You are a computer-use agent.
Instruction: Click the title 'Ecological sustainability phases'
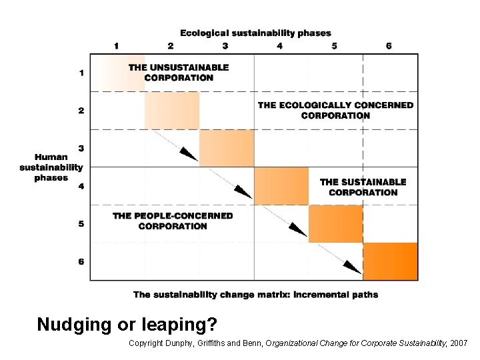point(255,33)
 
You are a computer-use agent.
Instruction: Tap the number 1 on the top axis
point(117,46)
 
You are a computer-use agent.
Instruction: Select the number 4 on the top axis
point(280,46)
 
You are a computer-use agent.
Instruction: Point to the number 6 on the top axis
point(389,46)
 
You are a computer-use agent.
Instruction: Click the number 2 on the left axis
point(81,111)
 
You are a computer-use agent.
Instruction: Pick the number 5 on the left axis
point(81,224)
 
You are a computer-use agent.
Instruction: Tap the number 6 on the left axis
point(81,262)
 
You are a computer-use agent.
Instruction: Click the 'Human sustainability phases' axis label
point(51,167)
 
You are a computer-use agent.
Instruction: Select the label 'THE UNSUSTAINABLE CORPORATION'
point(179,72)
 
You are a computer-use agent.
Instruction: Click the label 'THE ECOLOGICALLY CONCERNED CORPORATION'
point(335,110)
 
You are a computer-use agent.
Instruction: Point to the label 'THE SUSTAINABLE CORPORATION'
point(363,187)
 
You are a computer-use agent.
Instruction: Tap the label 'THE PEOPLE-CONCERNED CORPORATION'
point(173,221)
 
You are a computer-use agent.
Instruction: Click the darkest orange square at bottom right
point(391,261)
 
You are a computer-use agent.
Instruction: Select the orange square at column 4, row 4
point(281,186)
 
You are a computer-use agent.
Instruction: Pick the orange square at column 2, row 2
point(172,111)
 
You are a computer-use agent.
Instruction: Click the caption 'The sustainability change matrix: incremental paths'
point(255,295)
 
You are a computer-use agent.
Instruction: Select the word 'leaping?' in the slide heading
point(187,325)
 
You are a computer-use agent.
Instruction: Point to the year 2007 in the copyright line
point(458,343)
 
